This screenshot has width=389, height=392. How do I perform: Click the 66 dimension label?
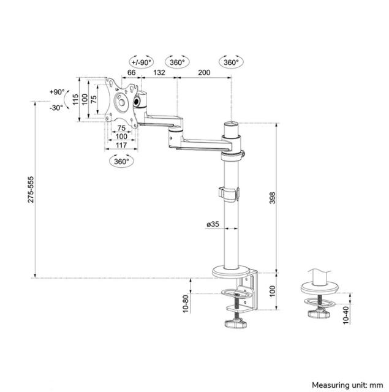coord(131,73)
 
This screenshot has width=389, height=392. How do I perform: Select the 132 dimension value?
coord(159,73)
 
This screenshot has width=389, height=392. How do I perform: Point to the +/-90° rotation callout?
coord(142,62)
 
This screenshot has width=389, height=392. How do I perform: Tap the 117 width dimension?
coord(120,145)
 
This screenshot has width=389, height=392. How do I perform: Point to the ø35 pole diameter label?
coord(213,225)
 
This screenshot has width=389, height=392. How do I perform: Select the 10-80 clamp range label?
coord(185,303)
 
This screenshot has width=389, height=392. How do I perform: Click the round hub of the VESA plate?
coord(121,102)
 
